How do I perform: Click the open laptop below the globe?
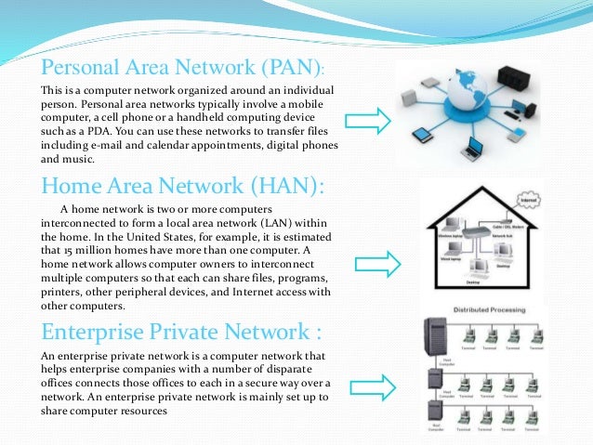click(474, 146)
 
